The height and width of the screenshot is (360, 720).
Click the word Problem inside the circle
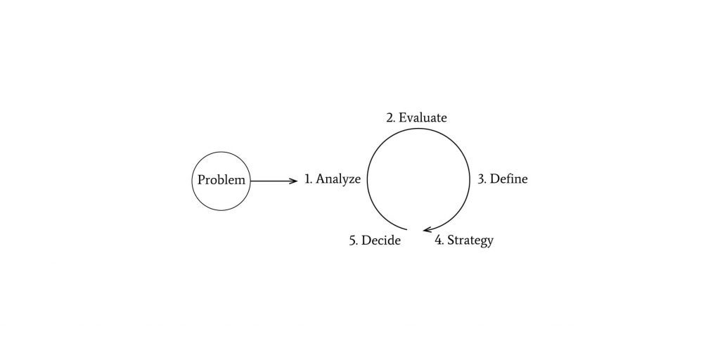(x=221, y=180)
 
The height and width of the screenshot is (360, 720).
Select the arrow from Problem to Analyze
(x=274, y=181)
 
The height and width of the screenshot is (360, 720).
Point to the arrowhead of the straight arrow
(x=295, y=181)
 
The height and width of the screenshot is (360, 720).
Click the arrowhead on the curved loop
(x=426, y=229)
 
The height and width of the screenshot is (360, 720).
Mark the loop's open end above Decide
(x=406, y=229)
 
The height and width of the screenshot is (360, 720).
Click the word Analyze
(x=338, y=179)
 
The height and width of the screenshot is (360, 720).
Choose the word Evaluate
(x=423, y=118)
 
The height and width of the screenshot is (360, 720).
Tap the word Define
(x=509, y=179)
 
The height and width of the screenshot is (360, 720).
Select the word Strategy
(x=470, y=240)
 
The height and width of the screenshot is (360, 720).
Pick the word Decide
(x=381, y=240)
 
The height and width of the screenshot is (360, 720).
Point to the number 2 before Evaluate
(x=390, y=118)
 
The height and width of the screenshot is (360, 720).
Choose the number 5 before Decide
(x=353, y=240)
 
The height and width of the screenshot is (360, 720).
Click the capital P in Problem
(x=201, y=180)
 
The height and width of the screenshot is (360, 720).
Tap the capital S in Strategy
(x=451, y=240)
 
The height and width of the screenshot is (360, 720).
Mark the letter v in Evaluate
(x=409, y=120)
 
